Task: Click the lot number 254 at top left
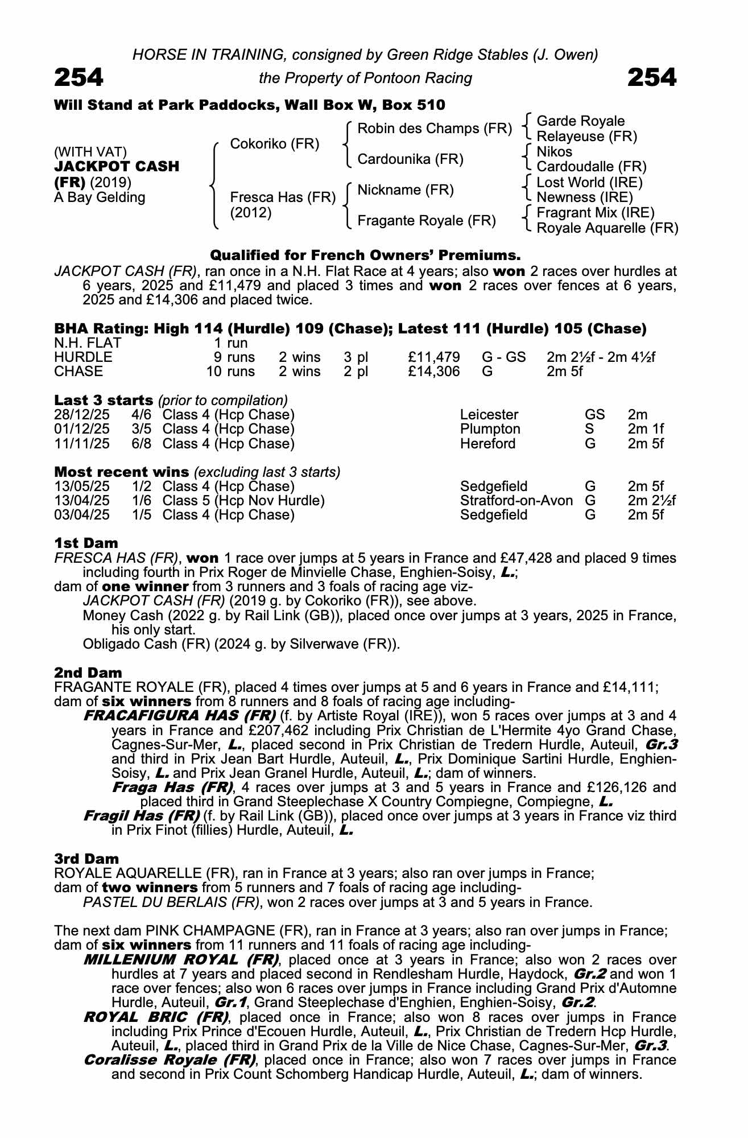78,77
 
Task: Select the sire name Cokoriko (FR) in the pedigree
274,144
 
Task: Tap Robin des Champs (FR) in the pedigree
435,129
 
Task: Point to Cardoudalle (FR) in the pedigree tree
592,167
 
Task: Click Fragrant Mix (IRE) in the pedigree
596,213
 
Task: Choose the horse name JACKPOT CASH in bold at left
117,167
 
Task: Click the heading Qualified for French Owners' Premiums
365,254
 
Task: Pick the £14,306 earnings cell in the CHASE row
433,372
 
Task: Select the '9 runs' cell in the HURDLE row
234,357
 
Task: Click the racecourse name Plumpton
490,429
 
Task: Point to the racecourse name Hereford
487,443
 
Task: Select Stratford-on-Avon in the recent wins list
516,501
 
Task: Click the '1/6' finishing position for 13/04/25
142,501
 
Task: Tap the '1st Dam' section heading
86,543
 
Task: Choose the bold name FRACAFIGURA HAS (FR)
179,715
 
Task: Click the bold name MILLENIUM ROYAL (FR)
181,960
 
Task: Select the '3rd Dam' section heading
86,859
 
